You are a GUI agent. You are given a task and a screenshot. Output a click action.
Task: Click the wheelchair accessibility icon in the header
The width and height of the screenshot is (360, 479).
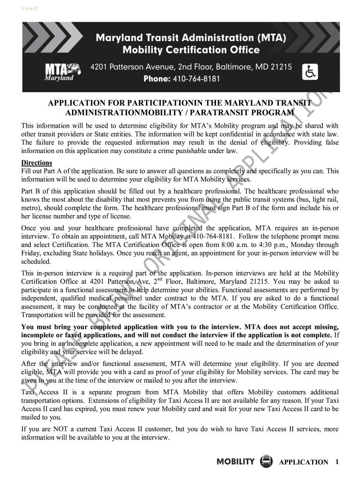[311, 72]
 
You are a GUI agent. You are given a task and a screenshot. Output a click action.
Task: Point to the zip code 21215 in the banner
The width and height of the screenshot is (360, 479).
[281, 67]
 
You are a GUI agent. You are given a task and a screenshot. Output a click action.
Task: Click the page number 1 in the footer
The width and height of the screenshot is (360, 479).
[337, 462]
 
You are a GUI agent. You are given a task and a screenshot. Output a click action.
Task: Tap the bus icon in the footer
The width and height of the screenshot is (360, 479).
[266, 461]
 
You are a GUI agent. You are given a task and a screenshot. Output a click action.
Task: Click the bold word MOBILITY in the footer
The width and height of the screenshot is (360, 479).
[236, 462]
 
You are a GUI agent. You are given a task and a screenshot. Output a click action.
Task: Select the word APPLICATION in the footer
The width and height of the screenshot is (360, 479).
[303, 462]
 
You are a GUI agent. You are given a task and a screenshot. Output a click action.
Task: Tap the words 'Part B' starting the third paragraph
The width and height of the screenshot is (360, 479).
[31, 191]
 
